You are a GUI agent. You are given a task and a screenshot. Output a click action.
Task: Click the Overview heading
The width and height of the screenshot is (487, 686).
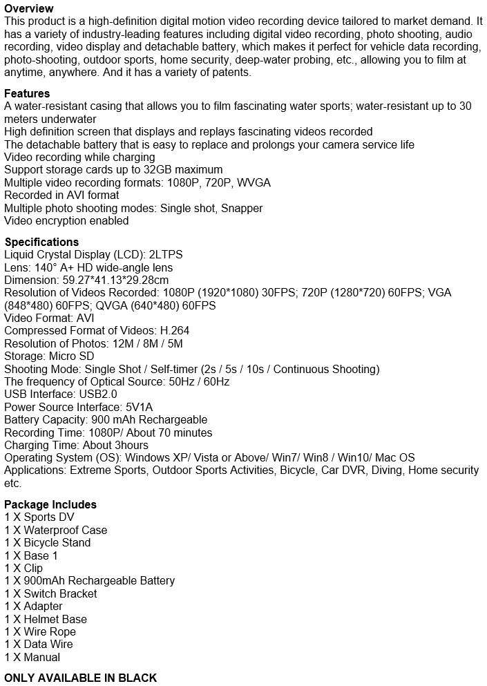(x=28, y=8)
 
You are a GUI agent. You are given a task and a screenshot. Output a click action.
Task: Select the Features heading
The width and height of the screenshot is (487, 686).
(x=27, y=93)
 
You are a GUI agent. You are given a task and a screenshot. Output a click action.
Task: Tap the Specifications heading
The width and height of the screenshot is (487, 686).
(x=41, y=242)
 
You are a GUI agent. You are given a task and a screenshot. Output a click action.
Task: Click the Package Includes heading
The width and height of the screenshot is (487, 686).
(x=50, y=504)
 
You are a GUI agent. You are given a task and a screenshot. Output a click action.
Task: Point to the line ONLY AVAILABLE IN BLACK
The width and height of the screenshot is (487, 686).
(x=81, y=677)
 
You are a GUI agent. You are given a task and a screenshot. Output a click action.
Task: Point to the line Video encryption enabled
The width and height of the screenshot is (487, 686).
(x=66, y=221)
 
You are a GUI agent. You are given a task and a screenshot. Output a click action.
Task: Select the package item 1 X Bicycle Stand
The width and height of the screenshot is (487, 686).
(x=48, y=543)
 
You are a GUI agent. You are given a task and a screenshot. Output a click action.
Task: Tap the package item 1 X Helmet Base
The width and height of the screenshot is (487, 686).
(x=46, y=619)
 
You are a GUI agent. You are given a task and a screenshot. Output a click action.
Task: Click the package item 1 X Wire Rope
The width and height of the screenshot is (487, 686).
(x=40, y=631)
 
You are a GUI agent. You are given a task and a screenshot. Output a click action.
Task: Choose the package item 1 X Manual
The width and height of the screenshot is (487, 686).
(x=32, y=657)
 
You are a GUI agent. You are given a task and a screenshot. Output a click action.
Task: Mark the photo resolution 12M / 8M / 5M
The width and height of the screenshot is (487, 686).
(x=144, y=343)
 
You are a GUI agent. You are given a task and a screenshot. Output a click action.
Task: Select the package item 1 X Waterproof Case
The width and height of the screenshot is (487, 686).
(x=56, y=530)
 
